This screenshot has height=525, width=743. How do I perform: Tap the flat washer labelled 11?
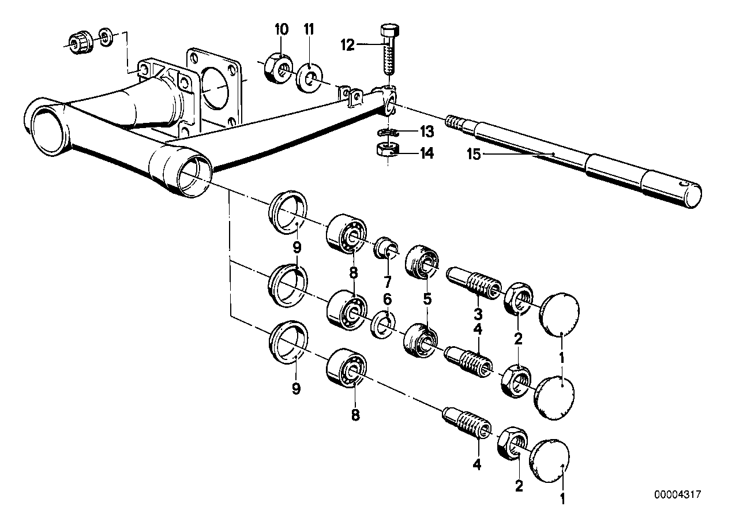coord(308,78)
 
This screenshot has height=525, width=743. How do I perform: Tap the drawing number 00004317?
coord(677,494)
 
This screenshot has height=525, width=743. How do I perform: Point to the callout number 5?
coord(427,299)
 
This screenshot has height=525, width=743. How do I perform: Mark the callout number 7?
coord(387,283)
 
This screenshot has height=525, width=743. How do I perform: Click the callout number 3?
coord(478,315)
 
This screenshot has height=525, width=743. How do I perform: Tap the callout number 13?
coord(426,132)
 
